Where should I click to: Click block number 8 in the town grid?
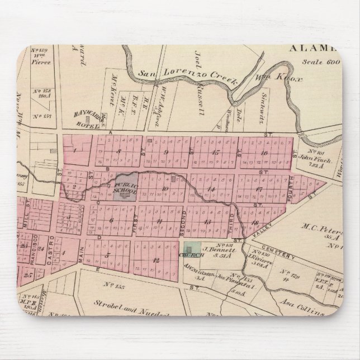click(x=119, y=151)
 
